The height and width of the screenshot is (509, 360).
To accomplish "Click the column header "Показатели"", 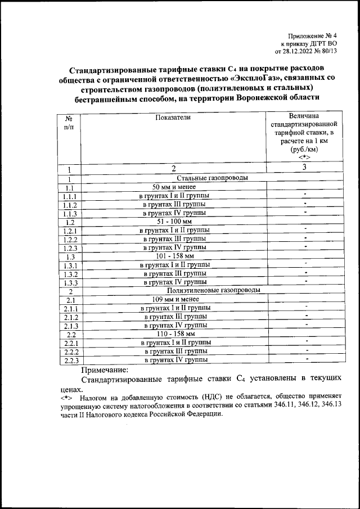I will click(174, 116).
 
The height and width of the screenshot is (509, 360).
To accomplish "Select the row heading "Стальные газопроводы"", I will click(175, 178).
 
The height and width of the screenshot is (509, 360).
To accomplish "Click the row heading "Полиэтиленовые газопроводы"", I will click(175, 290).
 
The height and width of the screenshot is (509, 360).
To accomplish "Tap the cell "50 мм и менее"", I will click(175, 187).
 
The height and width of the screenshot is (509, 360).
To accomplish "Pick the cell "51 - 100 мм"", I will click(175, 222).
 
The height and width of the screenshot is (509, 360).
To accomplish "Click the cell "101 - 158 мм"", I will click(175, 256).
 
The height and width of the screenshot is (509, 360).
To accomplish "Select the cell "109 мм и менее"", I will click(175, 299).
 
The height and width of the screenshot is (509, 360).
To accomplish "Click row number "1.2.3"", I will click(71, 247).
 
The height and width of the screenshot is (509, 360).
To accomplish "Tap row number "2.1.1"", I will click(71, 308).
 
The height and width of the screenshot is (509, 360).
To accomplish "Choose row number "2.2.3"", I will click(71, 360).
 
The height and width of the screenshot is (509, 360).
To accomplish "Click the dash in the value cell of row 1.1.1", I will click(304, 195).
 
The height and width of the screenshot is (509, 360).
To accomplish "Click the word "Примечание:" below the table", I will click(105, 370).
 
